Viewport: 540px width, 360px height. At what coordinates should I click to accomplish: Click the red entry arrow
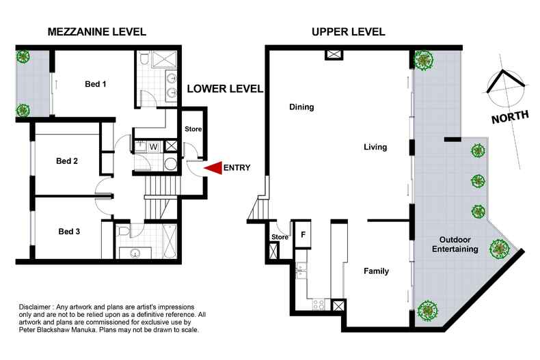click(x=213, y=167)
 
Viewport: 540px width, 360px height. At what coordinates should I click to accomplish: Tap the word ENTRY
click(x=237, y=167)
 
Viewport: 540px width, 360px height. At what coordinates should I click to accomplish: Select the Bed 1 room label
click(x=96, y=84)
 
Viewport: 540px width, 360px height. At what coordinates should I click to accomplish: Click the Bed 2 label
click(x=67, y=161)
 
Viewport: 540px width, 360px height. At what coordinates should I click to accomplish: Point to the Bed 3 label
click(x=69, y=232)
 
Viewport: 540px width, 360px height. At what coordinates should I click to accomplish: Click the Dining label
click(x=301, y=107)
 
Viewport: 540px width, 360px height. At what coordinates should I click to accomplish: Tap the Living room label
click(x=375, y=147)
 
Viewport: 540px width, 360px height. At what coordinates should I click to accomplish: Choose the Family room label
click(x=377, y=271)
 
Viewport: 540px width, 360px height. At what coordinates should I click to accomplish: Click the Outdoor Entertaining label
click(x=455, y=245)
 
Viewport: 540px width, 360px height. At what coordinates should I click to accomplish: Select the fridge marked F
click(x=303, y=234)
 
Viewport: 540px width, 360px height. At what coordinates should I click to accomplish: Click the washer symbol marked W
click(x=154, y=147)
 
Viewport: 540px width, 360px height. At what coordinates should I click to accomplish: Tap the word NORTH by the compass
click(x=510, y=117)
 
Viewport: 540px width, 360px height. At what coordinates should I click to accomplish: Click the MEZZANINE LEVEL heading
click(x=97, y=32)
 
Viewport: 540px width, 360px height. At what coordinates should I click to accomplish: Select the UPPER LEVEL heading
click(x=349, y=32)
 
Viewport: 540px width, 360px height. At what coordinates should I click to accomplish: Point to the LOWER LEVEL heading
click(x=226, y=89)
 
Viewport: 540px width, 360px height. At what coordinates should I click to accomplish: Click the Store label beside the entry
click(x=193, y=129)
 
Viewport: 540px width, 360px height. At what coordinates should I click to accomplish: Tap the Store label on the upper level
click(x=280, y=237)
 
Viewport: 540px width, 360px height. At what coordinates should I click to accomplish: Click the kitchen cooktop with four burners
click(x=319, y=304)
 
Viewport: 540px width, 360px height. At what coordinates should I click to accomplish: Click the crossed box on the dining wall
click(x=334, y=54)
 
